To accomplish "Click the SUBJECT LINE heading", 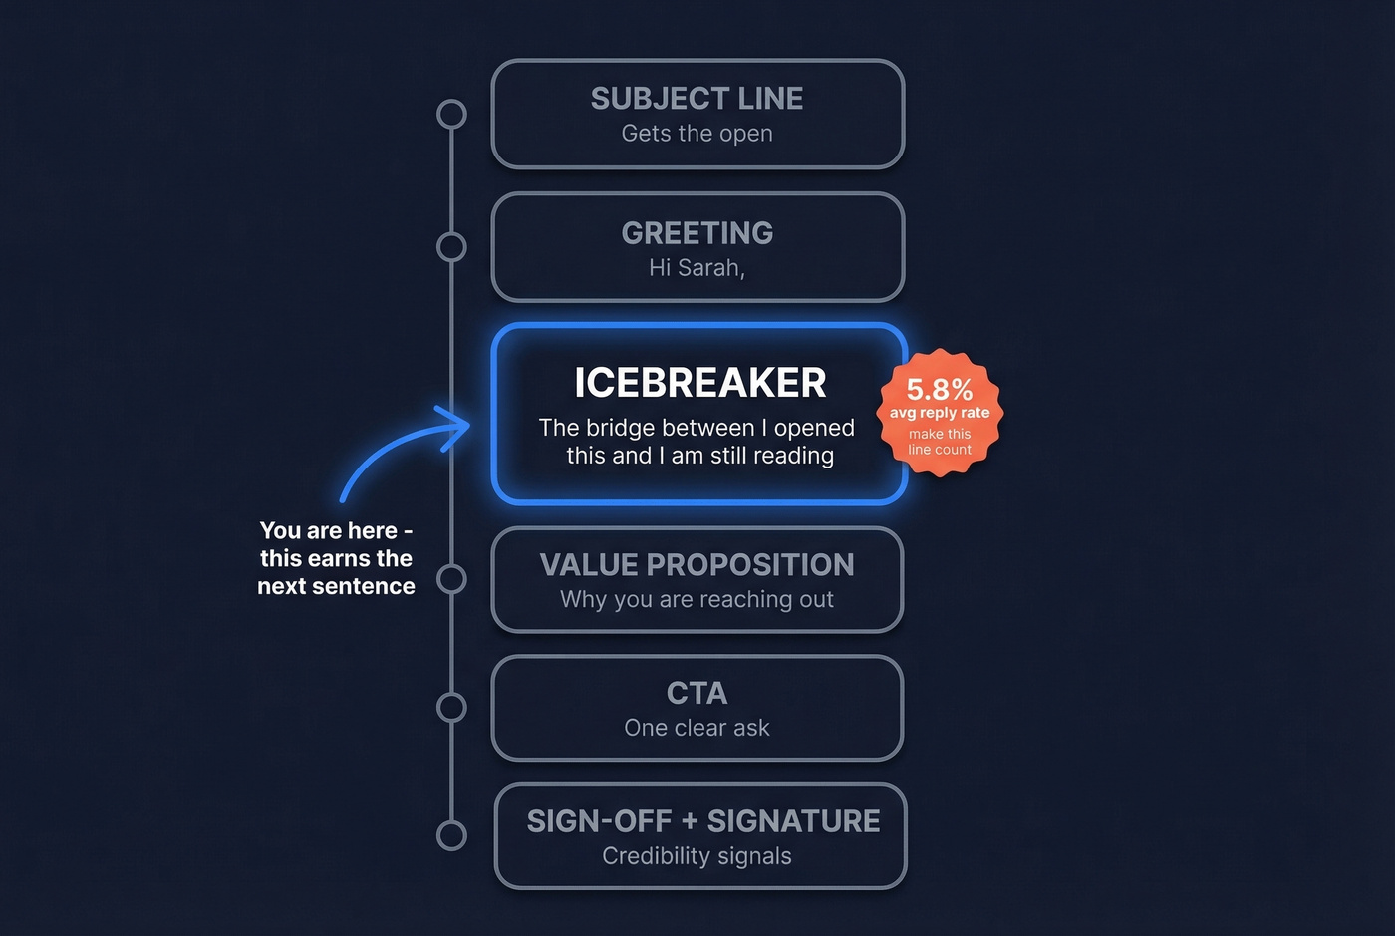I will [697, 99].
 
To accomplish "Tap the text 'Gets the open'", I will [697, 134].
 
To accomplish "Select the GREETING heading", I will [697, 233].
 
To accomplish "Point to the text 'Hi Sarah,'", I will [697, 268].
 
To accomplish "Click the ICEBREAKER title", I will [699, 383].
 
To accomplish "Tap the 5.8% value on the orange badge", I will [939, 389].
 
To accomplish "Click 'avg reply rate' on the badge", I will [940, 413].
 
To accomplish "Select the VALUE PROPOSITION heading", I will [697, 565].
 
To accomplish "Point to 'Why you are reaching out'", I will [697, 600].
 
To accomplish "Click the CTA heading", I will [697, 693].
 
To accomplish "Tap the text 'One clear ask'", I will [697, 729].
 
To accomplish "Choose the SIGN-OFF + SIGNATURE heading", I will [702, 821].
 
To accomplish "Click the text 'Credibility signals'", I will [697, 856].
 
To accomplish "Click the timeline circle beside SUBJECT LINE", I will [451, 114].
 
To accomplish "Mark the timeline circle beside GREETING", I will [451, 246].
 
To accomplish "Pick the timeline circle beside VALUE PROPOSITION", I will [451, 578].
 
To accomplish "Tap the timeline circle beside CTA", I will [451, 707].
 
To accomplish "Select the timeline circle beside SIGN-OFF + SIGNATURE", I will [451, 835].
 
